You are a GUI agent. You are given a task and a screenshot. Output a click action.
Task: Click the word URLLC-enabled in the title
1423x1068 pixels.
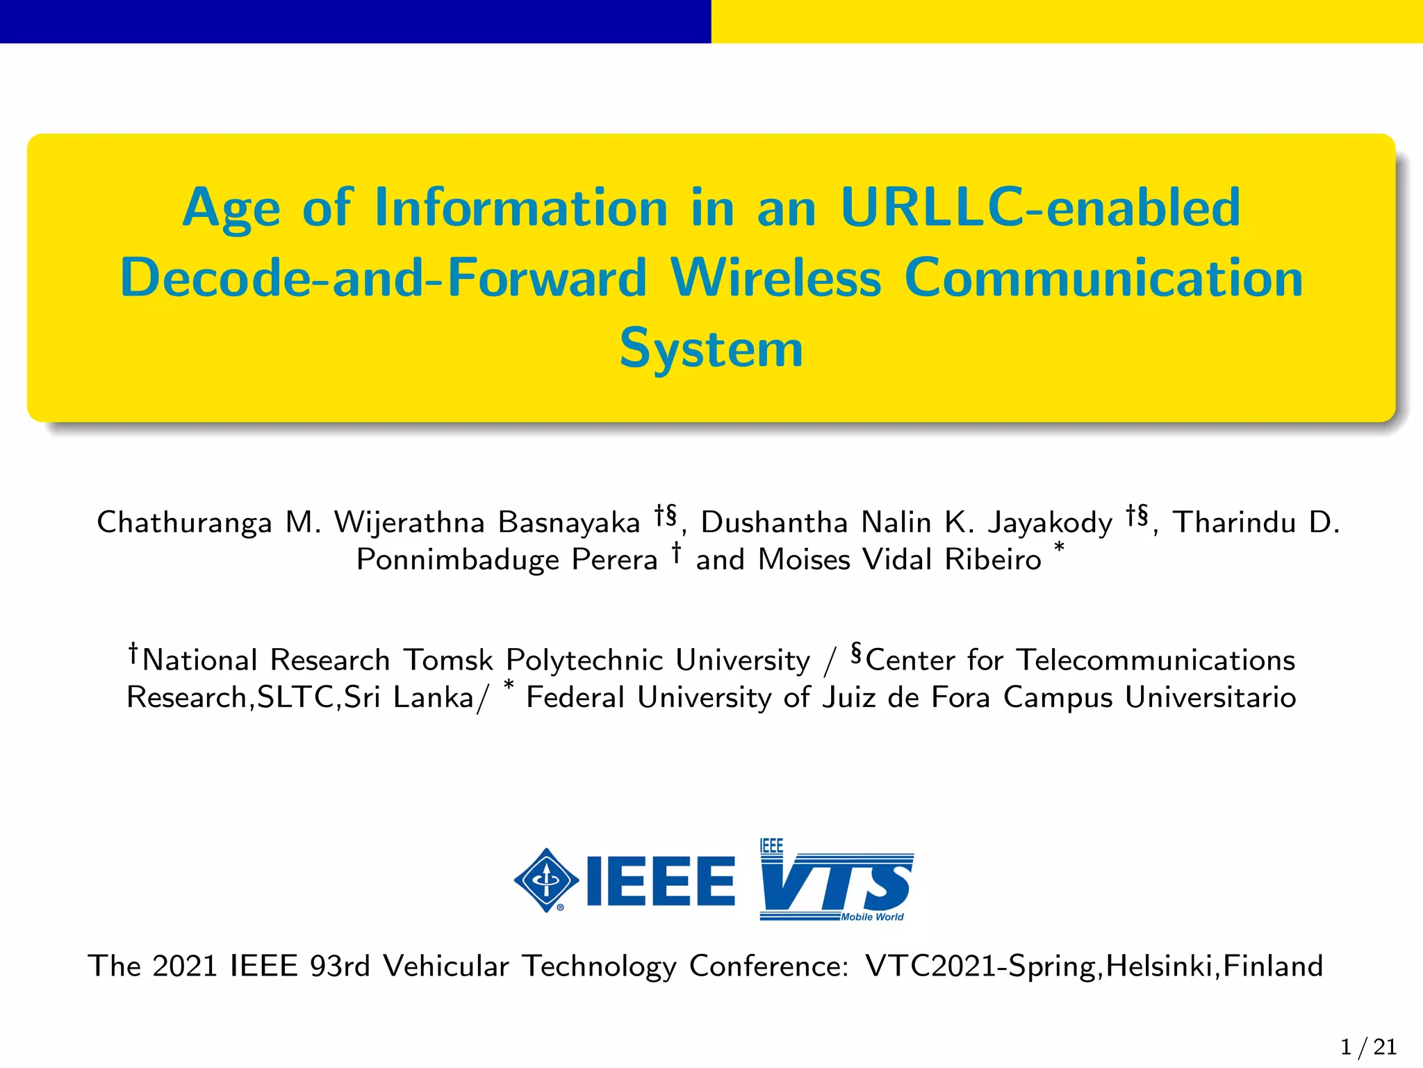point(1040,208)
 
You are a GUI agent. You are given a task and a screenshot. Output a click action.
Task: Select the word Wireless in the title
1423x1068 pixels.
point(776,278)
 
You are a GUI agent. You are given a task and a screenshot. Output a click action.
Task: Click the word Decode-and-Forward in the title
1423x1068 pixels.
point(384,278)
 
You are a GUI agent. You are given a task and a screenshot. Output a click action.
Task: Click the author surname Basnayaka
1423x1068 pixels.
point(569,523)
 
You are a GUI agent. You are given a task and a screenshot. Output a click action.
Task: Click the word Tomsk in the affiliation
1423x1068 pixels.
point(448,660)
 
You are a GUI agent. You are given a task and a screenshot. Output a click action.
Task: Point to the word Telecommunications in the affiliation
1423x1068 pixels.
point(1155,660)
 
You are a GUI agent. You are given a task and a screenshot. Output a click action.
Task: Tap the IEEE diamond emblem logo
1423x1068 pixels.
point(547,880)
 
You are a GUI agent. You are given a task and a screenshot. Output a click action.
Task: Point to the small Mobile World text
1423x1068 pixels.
point(872,917)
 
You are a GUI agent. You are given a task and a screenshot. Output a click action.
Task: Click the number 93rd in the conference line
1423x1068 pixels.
point(340,966)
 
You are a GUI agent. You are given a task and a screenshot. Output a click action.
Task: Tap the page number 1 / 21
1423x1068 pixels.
point(1368,1047)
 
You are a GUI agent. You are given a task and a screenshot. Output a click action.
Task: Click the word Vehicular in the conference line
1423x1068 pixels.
point(445,966)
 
